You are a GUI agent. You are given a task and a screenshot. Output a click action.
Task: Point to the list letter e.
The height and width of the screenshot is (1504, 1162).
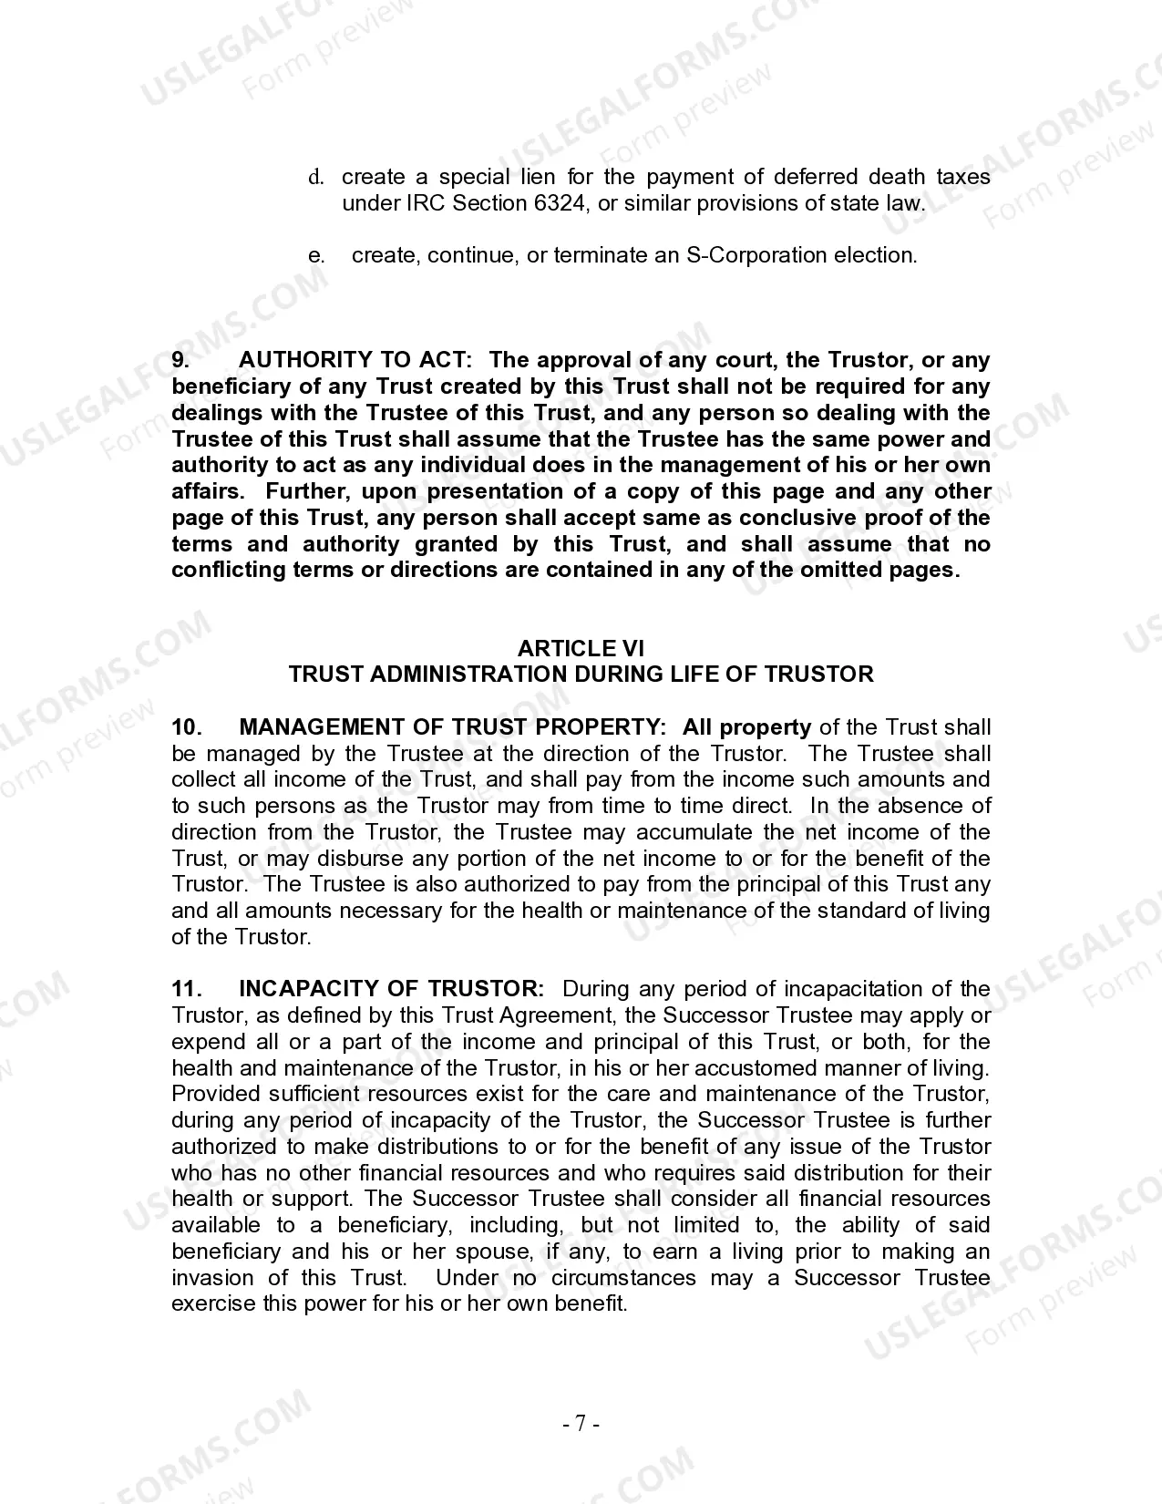pyautogui.click(x=316, y=255)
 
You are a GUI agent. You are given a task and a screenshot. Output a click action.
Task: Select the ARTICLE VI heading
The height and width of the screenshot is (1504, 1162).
pyautogui.click(x=581, y=648)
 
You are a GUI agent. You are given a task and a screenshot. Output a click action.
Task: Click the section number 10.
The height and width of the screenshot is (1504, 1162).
pyautogui.click(x=186, y=727)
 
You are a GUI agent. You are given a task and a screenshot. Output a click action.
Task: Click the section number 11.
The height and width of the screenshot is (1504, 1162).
pyautogui.click(x=186, y=990)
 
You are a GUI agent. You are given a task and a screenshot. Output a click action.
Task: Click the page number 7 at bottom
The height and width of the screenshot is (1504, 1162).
pyautogui.click(x=581, y=1424)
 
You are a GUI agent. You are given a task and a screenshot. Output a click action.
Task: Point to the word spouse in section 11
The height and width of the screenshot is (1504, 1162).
pyautogui.click(x=499, y=1252)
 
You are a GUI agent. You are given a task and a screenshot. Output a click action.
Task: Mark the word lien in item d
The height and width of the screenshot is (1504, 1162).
pyautogui.click(x=538, y=177)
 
